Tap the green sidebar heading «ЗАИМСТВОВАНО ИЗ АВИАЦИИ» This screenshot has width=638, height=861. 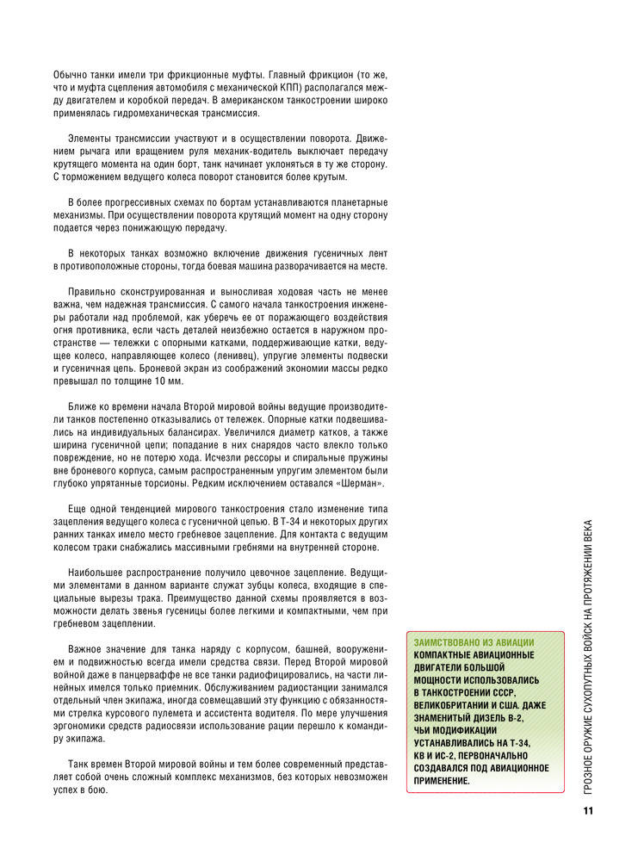(x=474, y=642)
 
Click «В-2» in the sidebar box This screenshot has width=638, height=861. (x=510, y=716)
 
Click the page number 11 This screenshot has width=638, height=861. (x=588, y=811)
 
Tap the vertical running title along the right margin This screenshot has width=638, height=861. (x=588, y=654)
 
